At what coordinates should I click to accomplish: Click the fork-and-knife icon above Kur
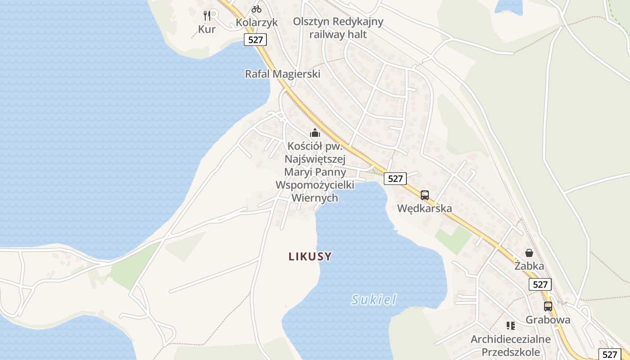(207, 16)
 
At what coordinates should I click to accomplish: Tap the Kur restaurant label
(207, 29)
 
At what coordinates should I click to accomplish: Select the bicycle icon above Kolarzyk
(256, 9)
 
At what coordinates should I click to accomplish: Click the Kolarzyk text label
(256, 22)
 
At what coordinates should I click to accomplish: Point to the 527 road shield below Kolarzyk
(255, 40)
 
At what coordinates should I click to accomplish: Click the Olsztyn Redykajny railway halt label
(338, 28)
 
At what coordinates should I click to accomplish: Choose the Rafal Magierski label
(283, 74)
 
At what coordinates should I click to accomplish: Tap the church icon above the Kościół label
(315, 133)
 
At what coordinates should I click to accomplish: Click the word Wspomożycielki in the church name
(315, 185)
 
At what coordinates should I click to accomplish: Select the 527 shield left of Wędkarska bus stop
(395, 179)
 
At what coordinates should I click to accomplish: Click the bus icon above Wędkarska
(425, 195)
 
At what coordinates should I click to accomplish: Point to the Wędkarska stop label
(425, 208)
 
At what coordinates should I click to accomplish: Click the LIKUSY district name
(310, 257)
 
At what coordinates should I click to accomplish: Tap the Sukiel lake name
(374, 300)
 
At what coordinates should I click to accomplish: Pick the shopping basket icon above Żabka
(529, 253)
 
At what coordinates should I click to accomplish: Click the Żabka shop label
(529, 266)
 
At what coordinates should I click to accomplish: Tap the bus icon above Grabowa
(548, 306)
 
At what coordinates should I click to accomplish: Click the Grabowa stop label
(548, 320)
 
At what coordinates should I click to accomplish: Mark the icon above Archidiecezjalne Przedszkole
(510, 325)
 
